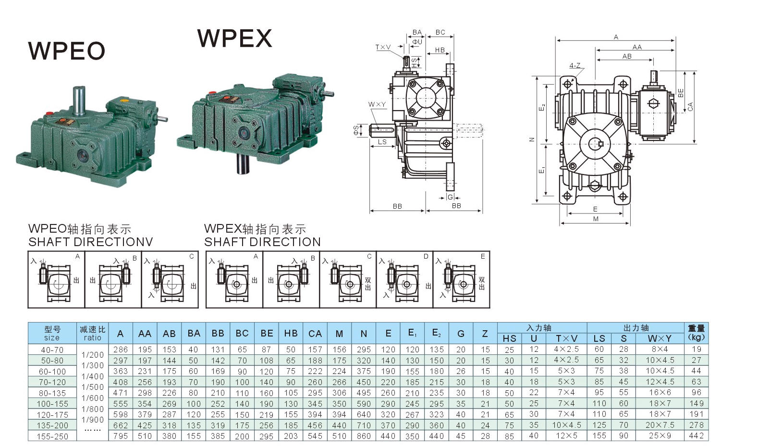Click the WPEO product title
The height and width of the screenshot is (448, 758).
coord(67,51)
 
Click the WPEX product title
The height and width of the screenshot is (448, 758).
coord(234,38)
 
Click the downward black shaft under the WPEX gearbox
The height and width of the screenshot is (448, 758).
coord(243,164)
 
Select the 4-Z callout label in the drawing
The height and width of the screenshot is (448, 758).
coord(575,65)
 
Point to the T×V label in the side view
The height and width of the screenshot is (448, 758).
coord(383,47)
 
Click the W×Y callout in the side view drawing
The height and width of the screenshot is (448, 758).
coord(377,104)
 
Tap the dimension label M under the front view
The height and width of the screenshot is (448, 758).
coord(596,219)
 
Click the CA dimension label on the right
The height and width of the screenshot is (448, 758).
coord(690,106)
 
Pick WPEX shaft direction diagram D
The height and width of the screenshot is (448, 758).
coord(404,279)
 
